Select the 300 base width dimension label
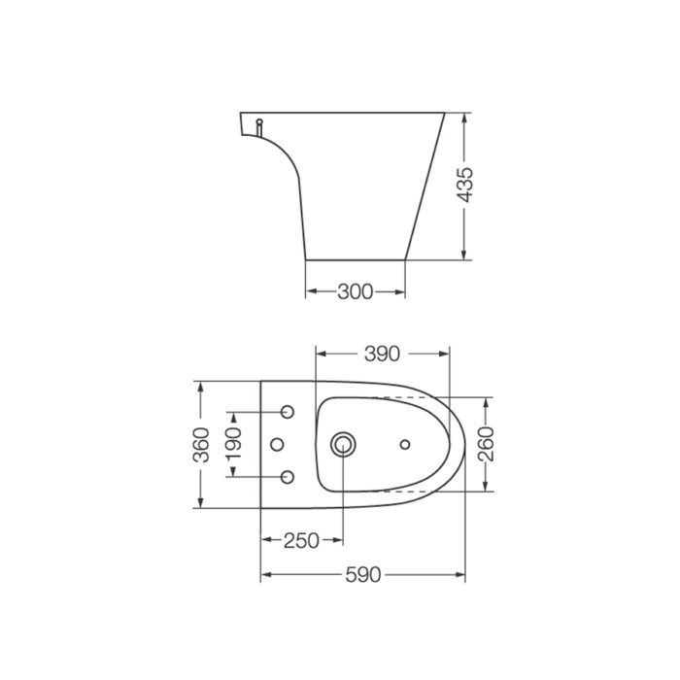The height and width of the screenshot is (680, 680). (x=355, y=291)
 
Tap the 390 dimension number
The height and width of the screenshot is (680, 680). (x=382, y=354)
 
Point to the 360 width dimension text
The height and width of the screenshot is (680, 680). (x=201, y=444)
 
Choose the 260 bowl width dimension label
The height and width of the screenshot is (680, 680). (x=487, y=444)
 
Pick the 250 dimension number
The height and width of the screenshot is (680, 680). (x=301, y=541)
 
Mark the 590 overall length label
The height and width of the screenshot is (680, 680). (x=362, y=575)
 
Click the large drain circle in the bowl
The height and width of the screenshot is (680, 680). (x=342, y=444)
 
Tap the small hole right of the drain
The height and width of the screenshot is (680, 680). (x=405, y=445)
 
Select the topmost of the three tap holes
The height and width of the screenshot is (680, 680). (x=288, y=412)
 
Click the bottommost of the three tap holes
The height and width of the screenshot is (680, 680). (x=288, y=477)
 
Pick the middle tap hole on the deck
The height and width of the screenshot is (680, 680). (x=275, y=445)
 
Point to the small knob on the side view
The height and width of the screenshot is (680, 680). (x=259, y=126)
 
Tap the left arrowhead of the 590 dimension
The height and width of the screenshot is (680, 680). (x=266, y=575)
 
